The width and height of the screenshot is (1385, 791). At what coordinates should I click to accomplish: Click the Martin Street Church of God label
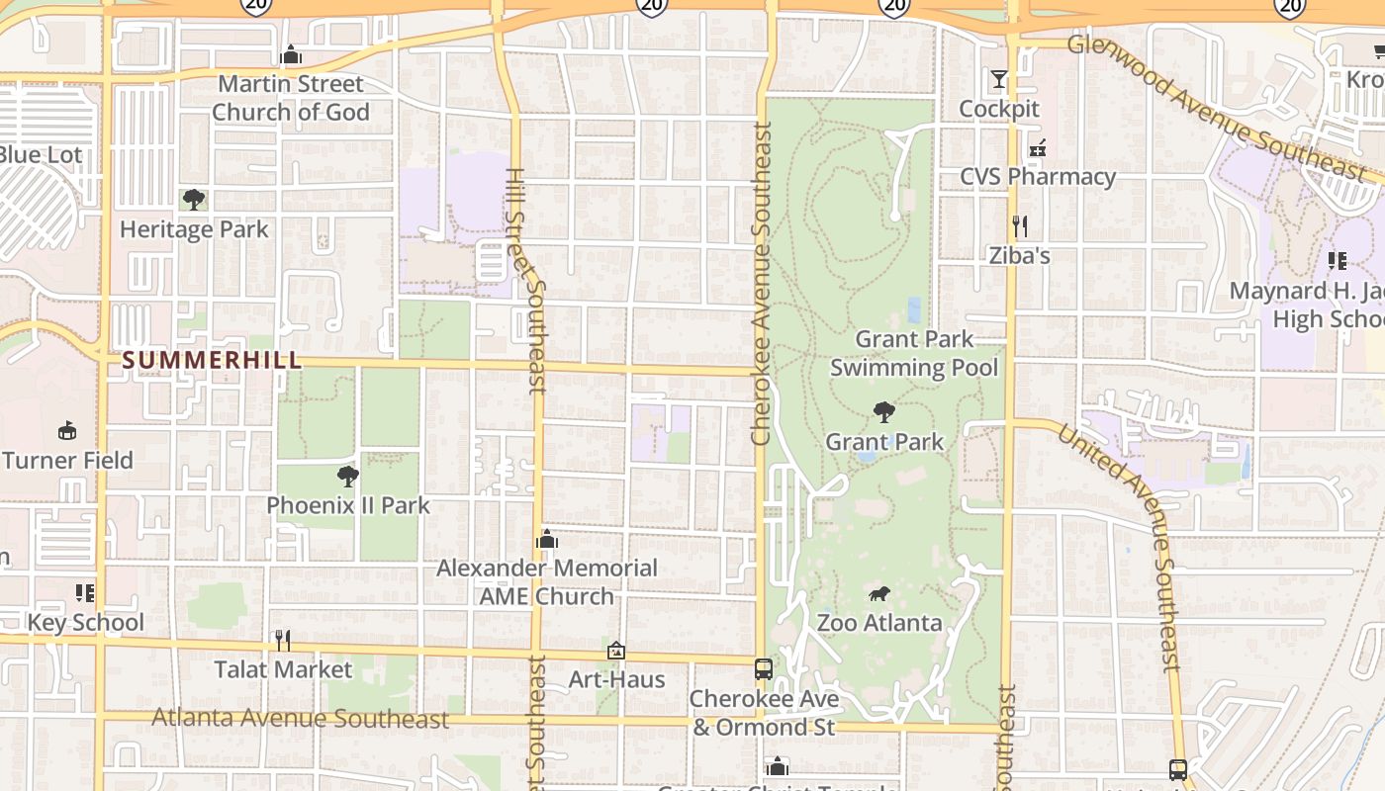(290, 98)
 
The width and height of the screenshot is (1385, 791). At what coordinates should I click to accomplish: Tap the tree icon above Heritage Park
(194, 200)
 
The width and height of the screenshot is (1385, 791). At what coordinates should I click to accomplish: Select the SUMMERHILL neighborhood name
(212, 360)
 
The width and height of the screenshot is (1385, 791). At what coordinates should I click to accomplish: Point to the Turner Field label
(67, 461)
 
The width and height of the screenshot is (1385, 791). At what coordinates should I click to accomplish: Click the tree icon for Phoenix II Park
(347, 477)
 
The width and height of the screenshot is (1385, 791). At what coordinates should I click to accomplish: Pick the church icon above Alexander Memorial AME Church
(546, 540)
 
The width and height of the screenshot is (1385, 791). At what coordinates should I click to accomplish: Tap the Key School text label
(86, 623)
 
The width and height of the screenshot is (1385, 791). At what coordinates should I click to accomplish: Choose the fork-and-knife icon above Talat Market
(283, 641)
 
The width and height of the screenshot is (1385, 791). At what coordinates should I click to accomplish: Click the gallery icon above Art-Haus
(616, 651)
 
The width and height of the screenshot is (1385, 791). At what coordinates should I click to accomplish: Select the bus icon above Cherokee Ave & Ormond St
(764, 669)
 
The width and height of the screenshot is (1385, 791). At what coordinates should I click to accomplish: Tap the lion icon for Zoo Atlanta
(878, 594)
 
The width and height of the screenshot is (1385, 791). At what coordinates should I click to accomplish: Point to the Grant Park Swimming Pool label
(914, 354)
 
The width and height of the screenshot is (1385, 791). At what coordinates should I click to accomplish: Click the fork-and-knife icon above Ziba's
(1020, 226)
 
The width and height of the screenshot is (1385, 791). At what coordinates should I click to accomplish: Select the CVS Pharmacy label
(1038, 177)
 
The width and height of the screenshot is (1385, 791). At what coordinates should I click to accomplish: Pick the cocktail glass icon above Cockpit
(999, 79)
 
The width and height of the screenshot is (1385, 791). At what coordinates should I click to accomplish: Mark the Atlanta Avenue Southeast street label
(301, 719)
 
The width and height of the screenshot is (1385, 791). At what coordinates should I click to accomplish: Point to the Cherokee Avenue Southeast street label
(761, 283)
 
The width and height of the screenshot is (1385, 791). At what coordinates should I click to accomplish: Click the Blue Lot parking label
(40, 155)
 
